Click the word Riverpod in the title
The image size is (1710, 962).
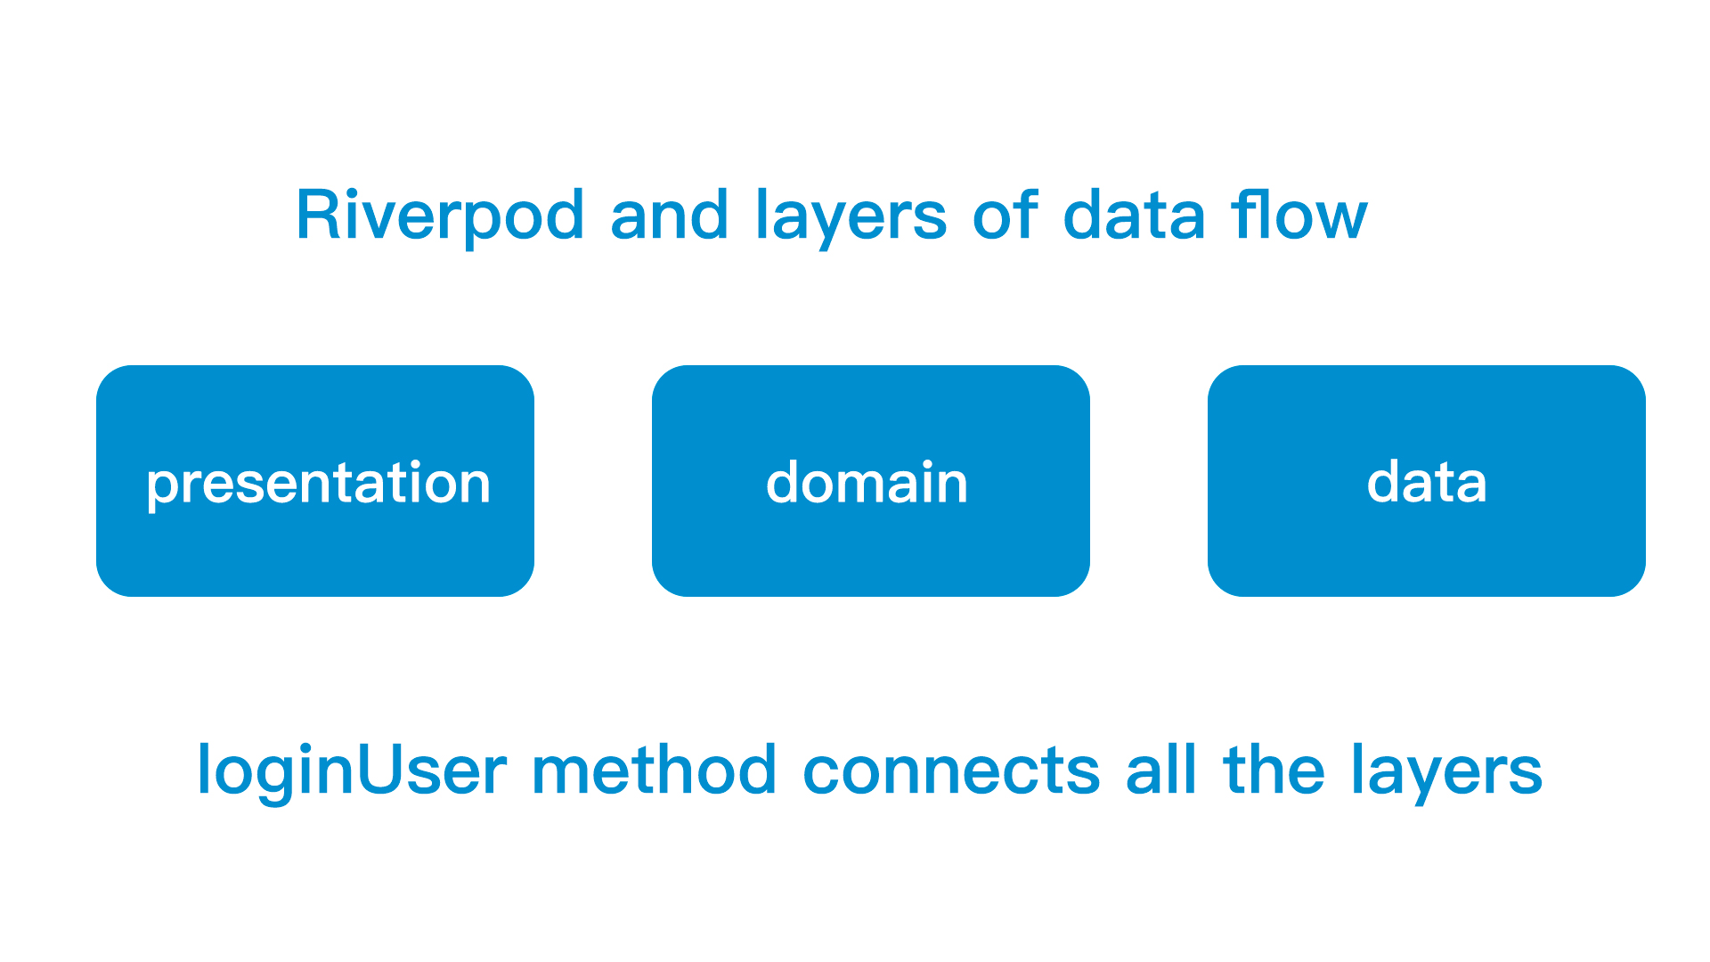point(440,216)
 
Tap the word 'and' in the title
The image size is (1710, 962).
point(669,214)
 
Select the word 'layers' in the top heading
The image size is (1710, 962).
point(851,216)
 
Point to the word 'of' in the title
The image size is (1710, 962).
point(1005,214)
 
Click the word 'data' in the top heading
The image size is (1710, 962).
point(1134,214)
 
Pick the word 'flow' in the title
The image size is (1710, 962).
point(1299,214)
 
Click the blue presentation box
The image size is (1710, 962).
point(315,481)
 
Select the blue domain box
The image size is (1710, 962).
point(871,481)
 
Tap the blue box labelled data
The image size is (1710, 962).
point(1427,481)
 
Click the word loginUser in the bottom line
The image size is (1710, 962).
point(352,771)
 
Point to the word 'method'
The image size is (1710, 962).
point(655,769)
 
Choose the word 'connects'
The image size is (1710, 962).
point(951,771)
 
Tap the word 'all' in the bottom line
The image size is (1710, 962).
point(1161,769)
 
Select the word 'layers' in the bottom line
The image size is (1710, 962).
point(1447,771)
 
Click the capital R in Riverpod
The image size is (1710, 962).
point(319,214)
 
